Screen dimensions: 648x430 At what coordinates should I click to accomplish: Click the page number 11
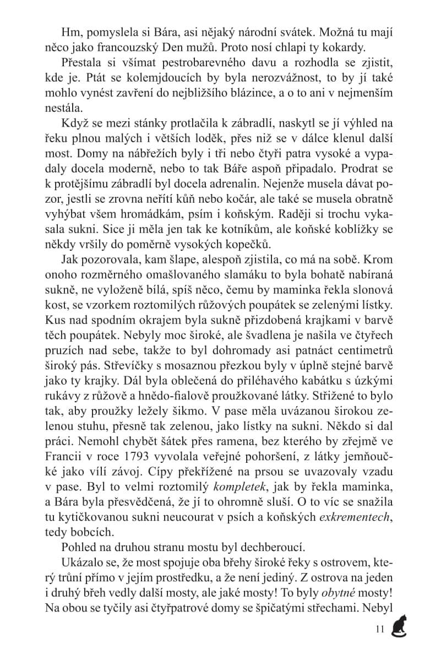click(378, 629)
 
